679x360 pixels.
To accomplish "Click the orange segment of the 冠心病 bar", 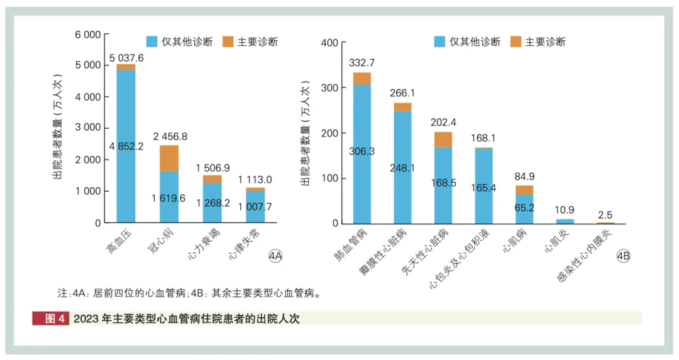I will tap(168, 158).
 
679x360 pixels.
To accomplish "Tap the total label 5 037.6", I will tap(126, 58).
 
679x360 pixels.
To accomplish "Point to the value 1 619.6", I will tap(168, 198).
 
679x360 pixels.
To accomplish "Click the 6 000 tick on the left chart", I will tap(87, 35).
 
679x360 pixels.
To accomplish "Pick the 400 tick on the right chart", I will tap(331, 43).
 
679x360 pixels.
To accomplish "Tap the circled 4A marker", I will tap(275, 256).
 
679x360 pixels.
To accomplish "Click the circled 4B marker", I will tap(623, 256).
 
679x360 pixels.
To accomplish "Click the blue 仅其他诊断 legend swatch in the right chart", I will tap(439, 42).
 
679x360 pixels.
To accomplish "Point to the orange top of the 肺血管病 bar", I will tap(362, 78).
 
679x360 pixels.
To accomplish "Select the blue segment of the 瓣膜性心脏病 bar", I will tap(402, 167).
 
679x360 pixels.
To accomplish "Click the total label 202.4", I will tap(444, 123).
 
